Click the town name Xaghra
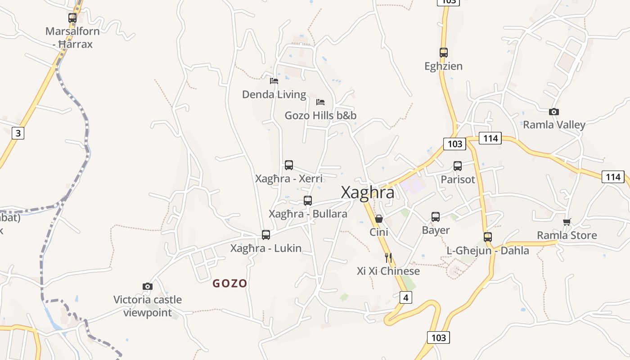point(368,192)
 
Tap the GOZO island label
point(230,283)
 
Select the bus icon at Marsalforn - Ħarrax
point(72,18)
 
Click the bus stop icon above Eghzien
point(444,53)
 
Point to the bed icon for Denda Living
point(274,81)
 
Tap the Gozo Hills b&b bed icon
point(320,102)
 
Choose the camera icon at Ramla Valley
point(554,112)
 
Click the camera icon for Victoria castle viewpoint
point(147,286)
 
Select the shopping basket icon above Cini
point(379,219)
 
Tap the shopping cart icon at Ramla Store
point(567,222)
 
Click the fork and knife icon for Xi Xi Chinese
point(388,258)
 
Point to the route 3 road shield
point(18,133)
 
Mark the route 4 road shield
point(406,297)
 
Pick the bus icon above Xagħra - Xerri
point(289,165)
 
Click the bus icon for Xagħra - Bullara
point(308,201)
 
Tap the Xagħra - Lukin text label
point(265,248)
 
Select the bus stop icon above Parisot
point(458,166)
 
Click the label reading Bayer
point(436,230)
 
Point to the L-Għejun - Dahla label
point(488,251)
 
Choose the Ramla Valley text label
point(554,125)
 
